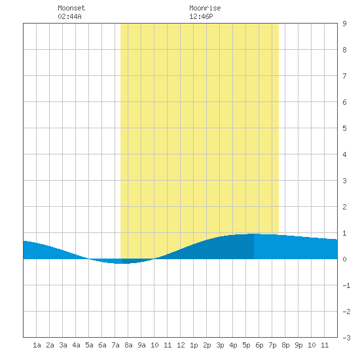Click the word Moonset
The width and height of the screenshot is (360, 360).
click(71, 8)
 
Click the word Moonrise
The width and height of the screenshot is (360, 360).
click(205, 8)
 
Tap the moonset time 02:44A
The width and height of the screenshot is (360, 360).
click(69, 16)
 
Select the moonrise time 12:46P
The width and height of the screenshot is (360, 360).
click(201, 16)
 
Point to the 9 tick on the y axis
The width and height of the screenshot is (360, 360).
click(344, 24)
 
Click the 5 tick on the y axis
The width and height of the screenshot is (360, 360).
click(344, 128)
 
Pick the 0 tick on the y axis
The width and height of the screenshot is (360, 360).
click(344, 259)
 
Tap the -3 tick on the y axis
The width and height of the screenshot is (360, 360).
click(346, 338)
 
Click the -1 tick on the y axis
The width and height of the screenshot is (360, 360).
click(346, 285)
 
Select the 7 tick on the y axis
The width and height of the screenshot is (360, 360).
click(344, 76)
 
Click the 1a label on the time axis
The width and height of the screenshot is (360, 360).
click(37, 345)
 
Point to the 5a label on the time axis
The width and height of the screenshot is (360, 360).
click(89, 345)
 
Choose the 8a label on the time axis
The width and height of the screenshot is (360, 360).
click(128, 345)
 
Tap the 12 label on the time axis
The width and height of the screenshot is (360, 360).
click(181, 345)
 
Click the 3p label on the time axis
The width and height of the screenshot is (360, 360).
click(220, 345)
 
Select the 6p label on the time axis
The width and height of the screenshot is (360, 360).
click(259, 345)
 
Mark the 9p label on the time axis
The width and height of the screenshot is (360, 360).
click(298, 345)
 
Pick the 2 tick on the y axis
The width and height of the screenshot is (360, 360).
click(344, 207)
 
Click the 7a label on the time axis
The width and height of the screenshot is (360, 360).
click(115, 345)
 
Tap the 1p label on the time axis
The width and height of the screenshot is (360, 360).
click(194, 345)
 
